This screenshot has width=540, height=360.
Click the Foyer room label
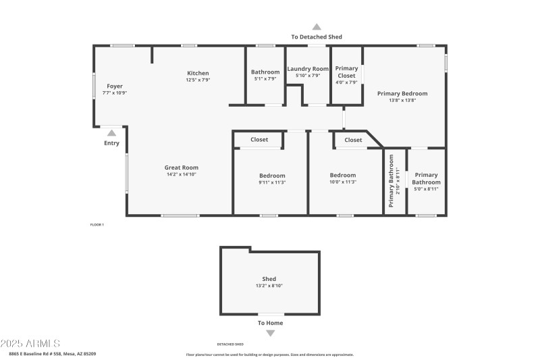point(115,86)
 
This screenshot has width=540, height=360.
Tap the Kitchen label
point(198,73)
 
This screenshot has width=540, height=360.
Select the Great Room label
point(181,168)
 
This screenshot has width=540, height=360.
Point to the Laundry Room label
point(308,68)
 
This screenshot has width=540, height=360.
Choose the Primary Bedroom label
point(402,94)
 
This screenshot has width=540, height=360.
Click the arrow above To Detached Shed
point(317,27)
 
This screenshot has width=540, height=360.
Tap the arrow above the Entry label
point(111,133)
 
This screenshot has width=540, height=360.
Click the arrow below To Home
point(270,333)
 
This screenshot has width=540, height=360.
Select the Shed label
point(269,279)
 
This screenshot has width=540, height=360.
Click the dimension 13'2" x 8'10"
point(269,286)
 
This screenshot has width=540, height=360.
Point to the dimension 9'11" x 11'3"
point(272,182)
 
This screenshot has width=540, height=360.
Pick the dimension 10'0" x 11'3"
point(342,182)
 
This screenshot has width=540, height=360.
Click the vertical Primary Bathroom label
point(391,180)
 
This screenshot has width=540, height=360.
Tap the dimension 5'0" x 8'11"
point(426,189)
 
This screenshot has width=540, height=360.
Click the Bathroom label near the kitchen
point(265,72)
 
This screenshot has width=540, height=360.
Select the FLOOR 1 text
point(97,224)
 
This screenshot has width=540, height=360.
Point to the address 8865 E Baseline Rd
point(52,354)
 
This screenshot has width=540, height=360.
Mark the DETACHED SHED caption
point(230,344)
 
